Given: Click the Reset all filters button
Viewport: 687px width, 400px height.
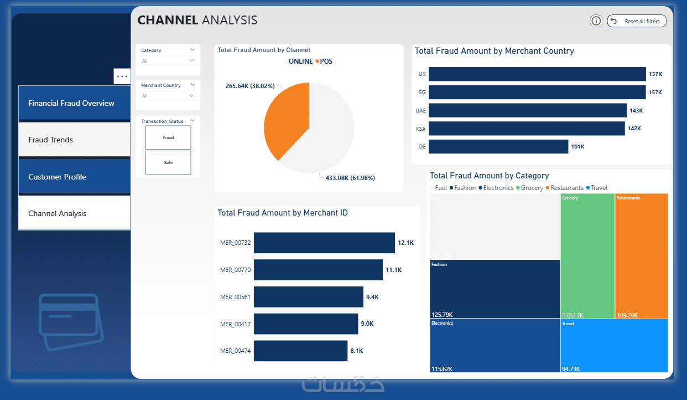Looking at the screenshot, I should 637,21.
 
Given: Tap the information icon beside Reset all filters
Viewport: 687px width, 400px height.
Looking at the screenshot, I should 596,21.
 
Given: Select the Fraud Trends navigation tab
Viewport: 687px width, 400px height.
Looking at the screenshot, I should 74,140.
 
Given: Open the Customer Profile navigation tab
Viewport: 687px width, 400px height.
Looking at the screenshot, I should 74,177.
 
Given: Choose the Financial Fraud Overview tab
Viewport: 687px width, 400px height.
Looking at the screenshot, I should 74,103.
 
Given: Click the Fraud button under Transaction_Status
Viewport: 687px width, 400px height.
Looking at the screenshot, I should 168,137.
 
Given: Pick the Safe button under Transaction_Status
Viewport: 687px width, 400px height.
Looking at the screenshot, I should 168,163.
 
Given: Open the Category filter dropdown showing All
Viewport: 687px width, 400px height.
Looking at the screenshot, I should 168,61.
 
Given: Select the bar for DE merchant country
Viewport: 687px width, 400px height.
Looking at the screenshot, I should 498,146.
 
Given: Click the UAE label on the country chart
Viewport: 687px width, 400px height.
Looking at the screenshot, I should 421,111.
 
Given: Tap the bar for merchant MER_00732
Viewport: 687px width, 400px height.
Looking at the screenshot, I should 324,243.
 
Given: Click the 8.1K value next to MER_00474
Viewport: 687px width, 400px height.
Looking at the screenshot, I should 357,351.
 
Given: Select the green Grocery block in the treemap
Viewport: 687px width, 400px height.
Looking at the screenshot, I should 587,255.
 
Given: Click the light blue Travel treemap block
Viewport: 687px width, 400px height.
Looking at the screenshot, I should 614,345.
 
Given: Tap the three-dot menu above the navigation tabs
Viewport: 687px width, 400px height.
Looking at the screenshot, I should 122,76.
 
